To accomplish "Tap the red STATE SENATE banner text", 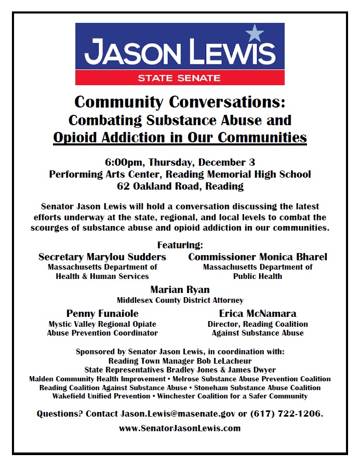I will (x=179, y=78).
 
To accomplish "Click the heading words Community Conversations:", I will (x=180, y=101).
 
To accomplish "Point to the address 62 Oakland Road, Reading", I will (x=180, y=186).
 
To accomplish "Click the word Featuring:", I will (x=180, y=245).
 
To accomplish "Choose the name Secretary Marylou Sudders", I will (x=102, y=257).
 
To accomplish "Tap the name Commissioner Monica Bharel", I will (x=258, y=257).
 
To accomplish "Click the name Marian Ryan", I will (x=180, y=290).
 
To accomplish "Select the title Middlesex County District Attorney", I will (x=180, y=300).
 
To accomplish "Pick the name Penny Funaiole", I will (x=102, y=313).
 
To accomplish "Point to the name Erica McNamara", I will (x=258, y=313).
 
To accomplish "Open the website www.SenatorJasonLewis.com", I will (x=180, y=429).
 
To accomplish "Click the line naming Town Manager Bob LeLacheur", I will (x=180, y=361).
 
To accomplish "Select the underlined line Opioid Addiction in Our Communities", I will (x=180, y=138).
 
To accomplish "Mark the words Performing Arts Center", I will (x=96, y=174).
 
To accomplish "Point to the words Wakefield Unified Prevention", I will (x=101, y=396).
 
